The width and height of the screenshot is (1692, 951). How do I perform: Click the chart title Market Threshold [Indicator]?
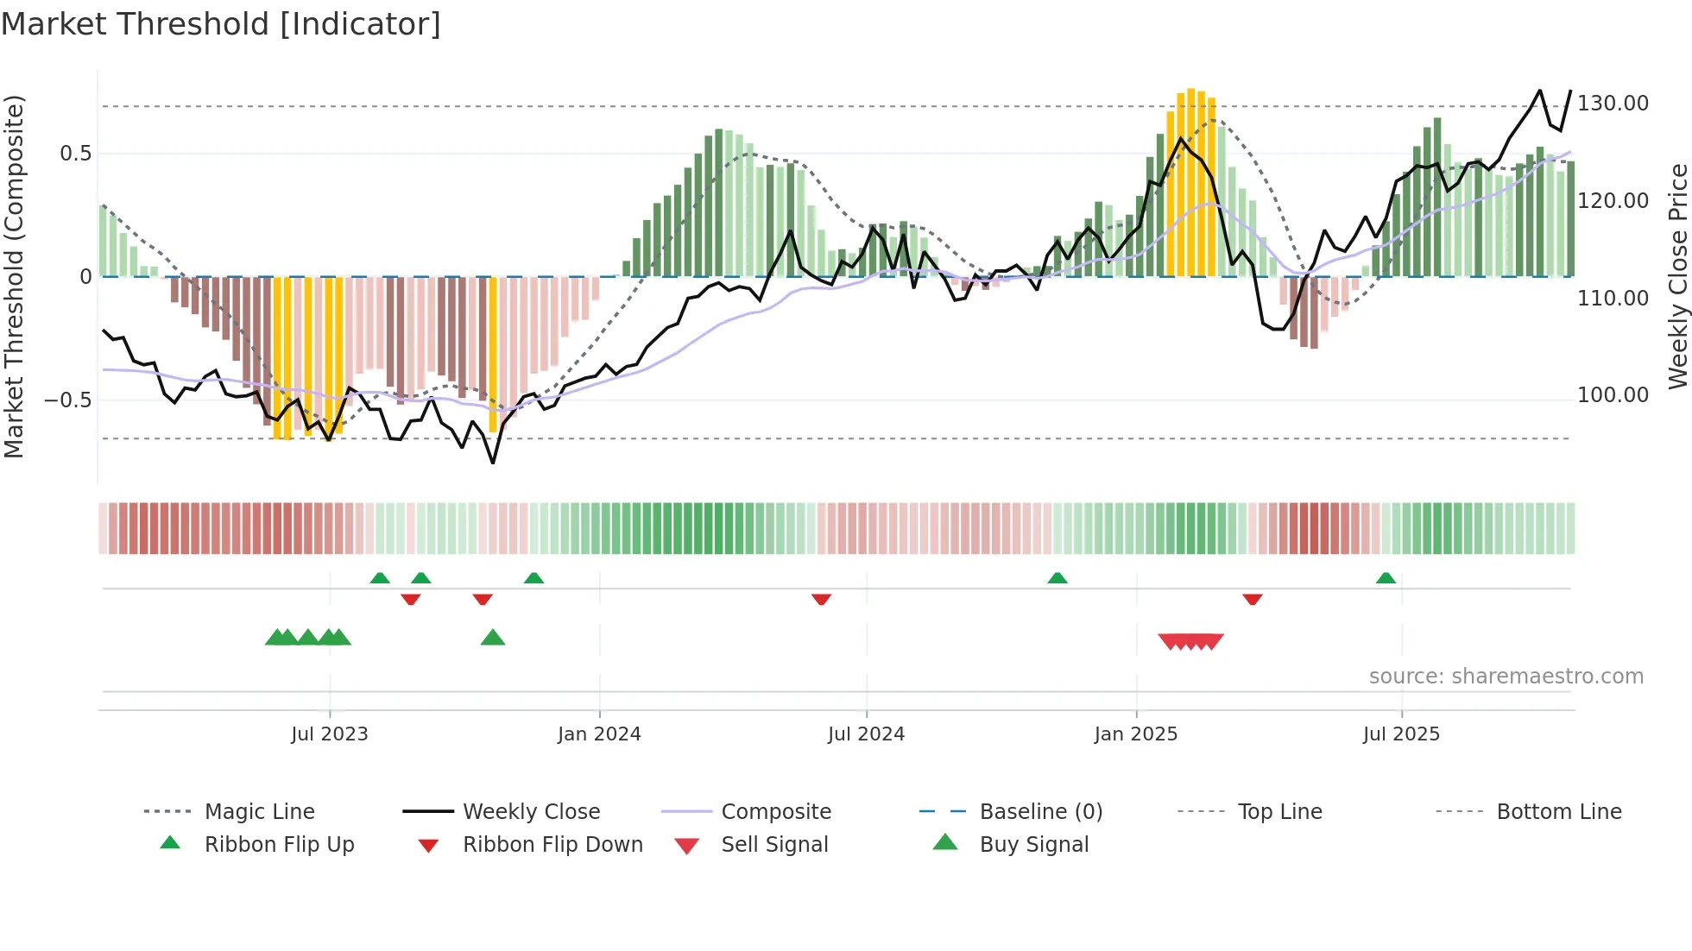coord(221,24)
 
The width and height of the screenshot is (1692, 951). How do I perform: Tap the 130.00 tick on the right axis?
coord(1613,104)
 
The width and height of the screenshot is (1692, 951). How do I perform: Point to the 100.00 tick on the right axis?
coord(1613,395)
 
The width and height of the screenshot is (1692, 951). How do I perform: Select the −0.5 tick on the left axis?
coord(67,400)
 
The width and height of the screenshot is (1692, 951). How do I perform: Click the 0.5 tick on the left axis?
coord(75,154)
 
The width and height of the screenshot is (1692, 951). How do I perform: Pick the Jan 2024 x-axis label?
coord(599,734)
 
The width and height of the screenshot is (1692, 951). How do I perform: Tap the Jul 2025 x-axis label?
coord(1401,734)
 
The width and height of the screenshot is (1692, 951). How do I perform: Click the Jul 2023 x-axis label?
coord(329,734)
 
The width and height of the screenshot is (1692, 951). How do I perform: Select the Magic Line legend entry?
coord(259,812)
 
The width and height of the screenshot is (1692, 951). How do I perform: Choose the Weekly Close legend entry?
coord(531,812)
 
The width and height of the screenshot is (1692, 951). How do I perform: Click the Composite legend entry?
coord(775,812)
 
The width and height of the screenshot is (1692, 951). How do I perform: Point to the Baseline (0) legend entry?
coord(1040,812)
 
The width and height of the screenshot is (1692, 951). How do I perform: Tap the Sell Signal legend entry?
coord(774,845)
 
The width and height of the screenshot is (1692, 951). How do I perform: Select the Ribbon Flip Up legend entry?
coord(279,845)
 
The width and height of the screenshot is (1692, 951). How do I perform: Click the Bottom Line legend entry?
coord(1558,812)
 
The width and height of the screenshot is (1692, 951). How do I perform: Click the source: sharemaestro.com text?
coord(1506,677)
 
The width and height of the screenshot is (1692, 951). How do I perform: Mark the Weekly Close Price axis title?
coord(1677,276)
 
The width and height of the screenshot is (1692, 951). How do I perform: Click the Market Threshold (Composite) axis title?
coord(14,276)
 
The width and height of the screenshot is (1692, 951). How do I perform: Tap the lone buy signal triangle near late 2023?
coord(493,638)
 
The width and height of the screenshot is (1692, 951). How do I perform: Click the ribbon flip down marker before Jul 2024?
coord(821,599)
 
